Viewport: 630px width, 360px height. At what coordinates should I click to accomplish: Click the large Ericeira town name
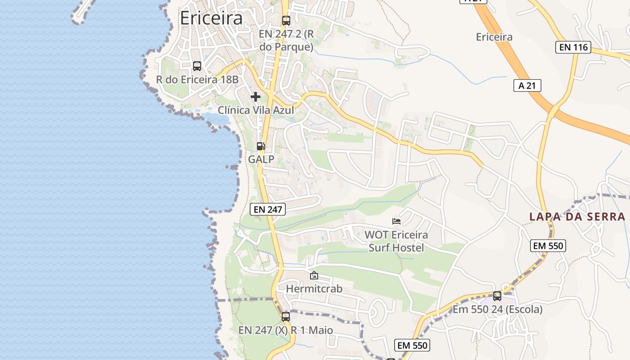coord(211,18)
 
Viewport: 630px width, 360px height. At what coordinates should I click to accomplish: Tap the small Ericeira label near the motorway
coord(494,37)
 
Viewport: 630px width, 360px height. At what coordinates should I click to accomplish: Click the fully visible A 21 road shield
coord(527,85)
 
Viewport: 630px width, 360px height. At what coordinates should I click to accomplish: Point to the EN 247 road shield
coord(268,209)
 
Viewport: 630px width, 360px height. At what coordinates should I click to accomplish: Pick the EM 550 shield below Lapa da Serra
coord(548,246)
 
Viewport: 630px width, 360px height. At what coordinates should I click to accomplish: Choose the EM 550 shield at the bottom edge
coord(413,345)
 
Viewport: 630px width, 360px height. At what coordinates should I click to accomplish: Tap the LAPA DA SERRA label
coord(577,216)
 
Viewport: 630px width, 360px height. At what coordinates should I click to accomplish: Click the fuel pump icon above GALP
coord(261,146)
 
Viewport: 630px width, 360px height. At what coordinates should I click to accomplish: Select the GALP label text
coord(261,159)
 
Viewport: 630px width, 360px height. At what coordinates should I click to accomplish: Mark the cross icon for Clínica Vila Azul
coord(256,97)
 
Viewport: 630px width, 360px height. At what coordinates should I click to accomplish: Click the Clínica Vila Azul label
coord(256,110)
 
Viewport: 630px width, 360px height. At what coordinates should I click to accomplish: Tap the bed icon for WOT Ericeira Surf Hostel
coord(396,221)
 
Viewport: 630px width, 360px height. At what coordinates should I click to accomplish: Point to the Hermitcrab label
coord(314,288)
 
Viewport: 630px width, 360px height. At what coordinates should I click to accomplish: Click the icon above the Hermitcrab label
coord(314,275)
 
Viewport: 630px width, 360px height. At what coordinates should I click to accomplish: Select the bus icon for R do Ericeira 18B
coord(197,66)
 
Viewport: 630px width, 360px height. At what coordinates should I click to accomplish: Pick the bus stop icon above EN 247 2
coord(286,20)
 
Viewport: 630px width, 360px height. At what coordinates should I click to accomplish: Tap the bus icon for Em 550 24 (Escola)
coord(497,296)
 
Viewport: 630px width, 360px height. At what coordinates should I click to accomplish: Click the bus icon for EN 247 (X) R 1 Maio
coord(286,316)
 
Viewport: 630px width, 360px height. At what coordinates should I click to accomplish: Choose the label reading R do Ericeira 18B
coord(197,80)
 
